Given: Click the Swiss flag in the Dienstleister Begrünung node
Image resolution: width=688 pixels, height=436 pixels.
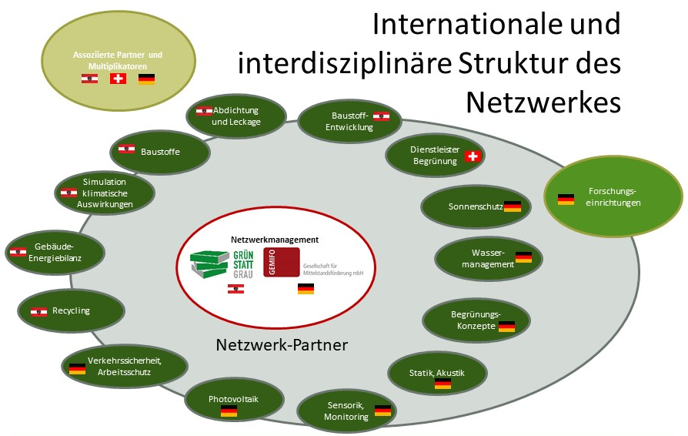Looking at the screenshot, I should (473, 156).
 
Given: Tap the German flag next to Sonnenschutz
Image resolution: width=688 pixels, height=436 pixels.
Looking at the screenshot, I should (513, 206).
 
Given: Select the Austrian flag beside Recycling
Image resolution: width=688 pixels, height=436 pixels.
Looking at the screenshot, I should (38, 311).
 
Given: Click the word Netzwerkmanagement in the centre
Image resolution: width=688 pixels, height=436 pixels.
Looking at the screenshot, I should (275, 240).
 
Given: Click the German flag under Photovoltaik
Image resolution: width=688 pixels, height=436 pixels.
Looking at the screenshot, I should (229, 412).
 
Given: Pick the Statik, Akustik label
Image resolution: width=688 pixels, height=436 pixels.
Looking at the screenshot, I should (437, 373).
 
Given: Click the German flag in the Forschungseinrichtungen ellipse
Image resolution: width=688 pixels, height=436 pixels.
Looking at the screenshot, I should (566, 199).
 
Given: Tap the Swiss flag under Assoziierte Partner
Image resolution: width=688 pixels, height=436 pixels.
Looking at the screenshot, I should (118, 79).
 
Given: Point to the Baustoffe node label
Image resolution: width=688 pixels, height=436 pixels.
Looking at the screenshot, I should (160, 151).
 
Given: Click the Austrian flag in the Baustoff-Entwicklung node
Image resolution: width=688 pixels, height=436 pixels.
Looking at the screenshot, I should (381, 116).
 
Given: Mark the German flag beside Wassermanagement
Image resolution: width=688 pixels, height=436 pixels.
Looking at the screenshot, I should (523, 257).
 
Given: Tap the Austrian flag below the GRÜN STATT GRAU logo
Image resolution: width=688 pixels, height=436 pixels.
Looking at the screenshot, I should (237, 289).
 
